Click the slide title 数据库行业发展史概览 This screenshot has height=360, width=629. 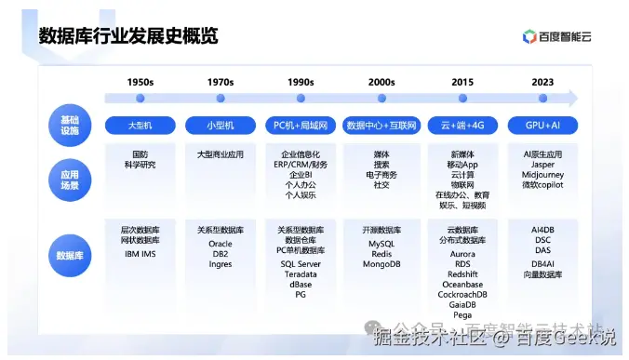[127, 36]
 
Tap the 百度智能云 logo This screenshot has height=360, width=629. [563, 37]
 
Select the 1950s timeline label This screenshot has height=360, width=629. [140, 82]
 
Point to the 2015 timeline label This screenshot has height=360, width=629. [462, 82]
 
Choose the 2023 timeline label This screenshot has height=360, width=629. [542, 82]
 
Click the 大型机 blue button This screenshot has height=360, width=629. [140, 125]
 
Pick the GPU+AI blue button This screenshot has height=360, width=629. [542, 125]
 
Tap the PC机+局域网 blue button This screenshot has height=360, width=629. [301, 125]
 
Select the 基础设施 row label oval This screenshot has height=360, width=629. [70, 125]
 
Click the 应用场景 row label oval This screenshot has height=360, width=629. [70, 179]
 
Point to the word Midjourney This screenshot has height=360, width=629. [542, 175]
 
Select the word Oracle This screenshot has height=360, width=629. [221, 244]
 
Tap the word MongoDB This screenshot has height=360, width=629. [381, 264]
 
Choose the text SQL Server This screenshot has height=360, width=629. [301, 264]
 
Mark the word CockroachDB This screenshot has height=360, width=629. [462, 295]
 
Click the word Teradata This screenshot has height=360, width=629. [301, 274]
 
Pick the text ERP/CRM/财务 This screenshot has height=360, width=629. [301, 165]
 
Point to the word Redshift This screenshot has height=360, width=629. [462, 274]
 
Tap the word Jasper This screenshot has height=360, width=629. [542, 165]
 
